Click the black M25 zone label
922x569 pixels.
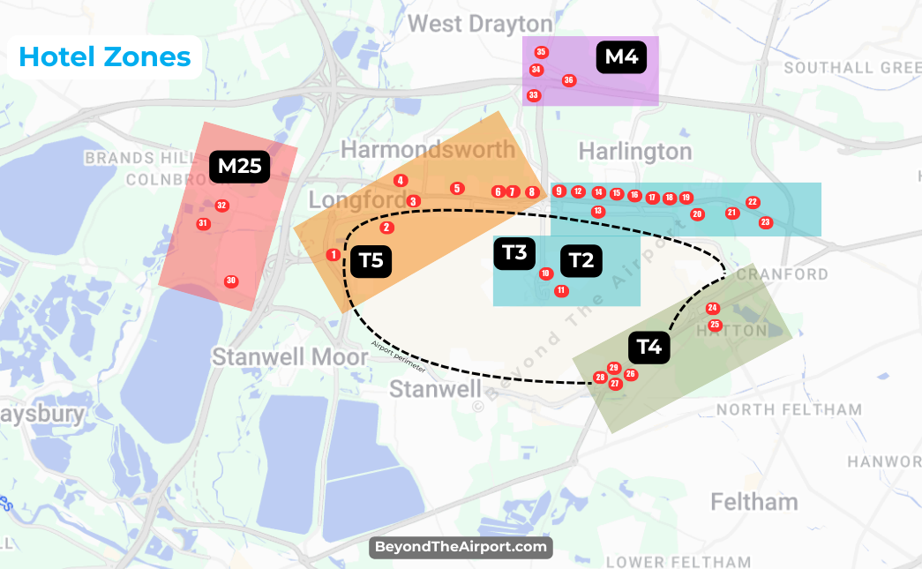[x=240, y=166]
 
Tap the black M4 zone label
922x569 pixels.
[x=621, y=58]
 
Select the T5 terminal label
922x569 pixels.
[x=371, y=261]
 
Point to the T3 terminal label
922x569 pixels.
[x=514, y=253]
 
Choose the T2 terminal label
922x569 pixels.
[x=581, y=260]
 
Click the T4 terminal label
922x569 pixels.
[x=649, y=347]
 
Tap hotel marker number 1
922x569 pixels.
[x=333, y=255]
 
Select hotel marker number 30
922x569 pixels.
[x=231, y=281]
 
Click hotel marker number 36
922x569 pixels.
[x=569, y=80]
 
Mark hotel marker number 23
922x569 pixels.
[x=765, y=222]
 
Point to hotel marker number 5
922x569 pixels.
[x=456, y=188]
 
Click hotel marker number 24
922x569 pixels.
[x=713, y=308]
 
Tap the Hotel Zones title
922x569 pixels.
[x=105, y=57]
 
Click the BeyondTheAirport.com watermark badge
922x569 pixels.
[x=461, y=547]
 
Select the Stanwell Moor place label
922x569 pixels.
[x=289, y=357]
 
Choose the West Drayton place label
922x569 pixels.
[x=481, y=23]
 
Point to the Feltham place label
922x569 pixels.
[x=754, y=502]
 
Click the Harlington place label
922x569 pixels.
[x=635, y=152]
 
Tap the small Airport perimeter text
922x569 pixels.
[x=398, y=355]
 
